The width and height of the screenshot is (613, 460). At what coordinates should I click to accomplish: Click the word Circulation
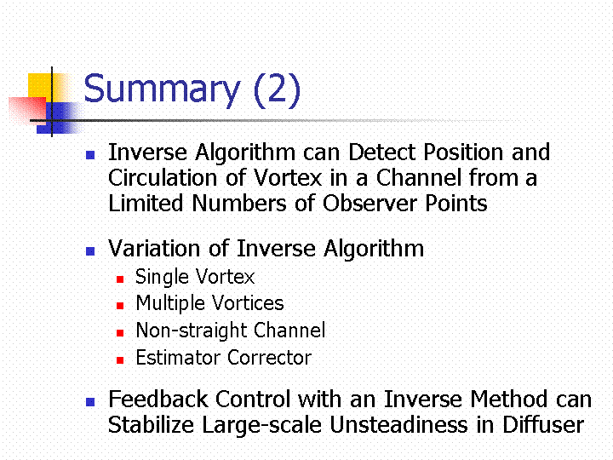163,178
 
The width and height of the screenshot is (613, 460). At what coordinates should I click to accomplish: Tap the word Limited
146,204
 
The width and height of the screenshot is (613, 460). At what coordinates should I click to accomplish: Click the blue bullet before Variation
90,251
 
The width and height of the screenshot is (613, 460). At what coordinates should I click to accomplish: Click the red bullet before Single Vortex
120,279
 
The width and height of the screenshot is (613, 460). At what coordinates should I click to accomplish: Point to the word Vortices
248,303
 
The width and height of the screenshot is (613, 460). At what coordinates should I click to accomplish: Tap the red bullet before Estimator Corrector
120,360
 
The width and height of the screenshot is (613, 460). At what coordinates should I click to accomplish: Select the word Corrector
270,358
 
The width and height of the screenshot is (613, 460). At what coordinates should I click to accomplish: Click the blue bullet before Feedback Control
90,402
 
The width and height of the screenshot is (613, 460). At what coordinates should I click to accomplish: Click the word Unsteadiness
398,425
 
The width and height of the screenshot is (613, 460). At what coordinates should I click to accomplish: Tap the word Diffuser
543,425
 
